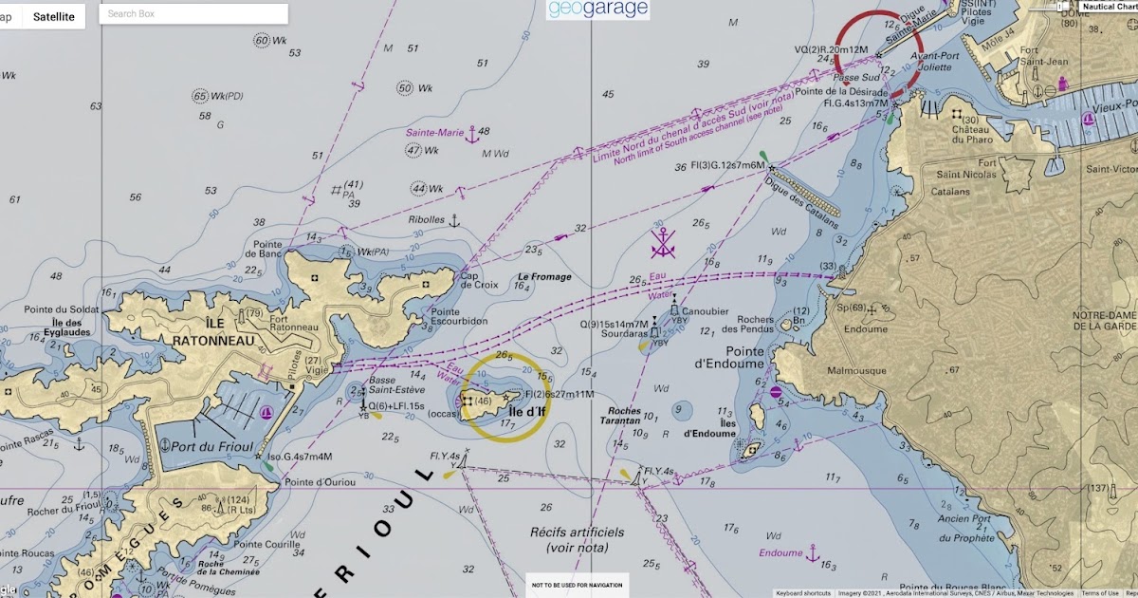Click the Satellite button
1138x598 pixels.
click(53, 16)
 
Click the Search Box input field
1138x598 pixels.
click(193, 14)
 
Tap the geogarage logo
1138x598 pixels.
click(597, 9)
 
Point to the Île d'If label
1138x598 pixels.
click(527, 411)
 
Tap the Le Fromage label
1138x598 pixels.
click(544, 277)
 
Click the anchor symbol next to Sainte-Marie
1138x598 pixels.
click(471, 135)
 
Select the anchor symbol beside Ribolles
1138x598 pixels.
click(453, 220)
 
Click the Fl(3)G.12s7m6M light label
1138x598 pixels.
click(727, 165)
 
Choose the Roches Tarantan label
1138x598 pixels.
click(620, 417)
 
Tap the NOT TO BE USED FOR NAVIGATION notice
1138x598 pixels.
click(563, 585)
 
